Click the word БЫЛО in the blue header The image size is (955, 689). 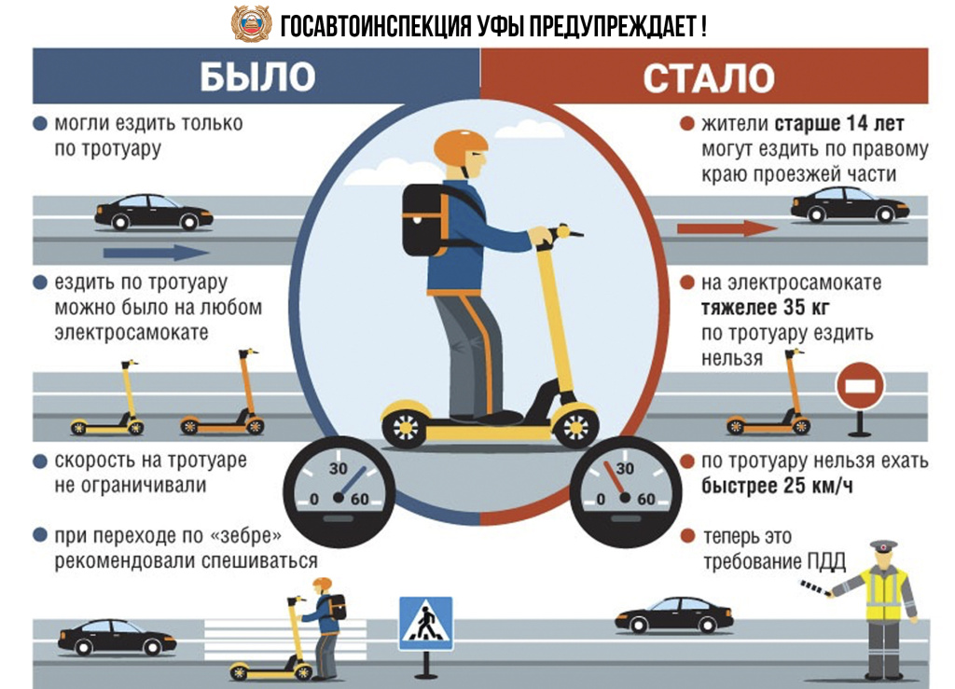[257, 76]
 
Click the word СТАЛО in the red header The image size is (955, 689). [709, 78]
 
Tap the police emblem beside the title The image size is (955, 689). [252, 23]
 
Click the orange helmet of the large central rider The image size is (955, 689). [460, 147]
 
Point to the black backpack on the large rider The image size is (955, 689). [426, 219]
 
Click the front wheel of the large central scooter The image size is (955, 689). [574, 426]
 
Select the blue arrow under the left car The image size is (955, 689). [156, 252]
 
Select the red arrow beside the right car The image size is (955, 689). [727, 228]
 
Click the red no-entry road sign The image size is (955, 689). [859, 386]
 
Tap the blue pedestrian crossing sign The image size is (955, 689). [425, 623]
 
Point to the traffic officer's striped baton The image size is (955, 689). [816, 588]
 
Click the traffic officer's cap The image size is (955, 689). [883, 545]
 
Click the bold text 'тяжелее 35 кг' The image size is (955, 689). [765, 308]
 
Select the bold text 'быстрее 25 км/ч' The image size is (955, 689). [777, 486]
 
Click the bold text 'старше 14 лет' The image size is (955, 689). [839, 124]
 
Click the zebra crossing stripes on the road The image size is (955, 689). [285, 639]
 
